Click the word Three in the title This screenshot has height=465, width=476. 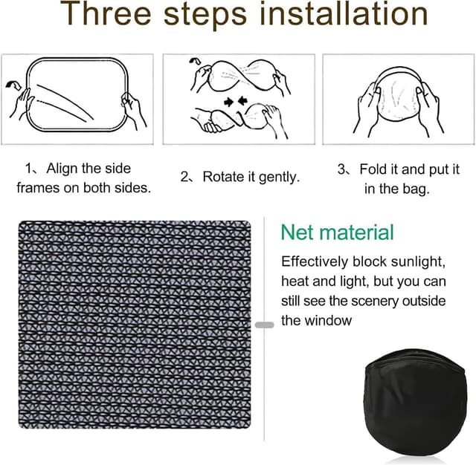[x=106, y=13]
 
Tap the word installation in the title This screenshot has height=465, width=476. [x=344, y=13]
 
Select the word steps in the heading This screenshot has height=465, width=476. [x=205, y=16]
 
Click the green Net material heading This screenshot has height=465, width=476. [x=337, y=232]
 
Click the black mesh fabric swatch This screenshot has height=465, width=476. [x=135, y=325]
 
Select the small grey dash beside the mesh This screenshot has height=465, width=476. [x=265, y=325]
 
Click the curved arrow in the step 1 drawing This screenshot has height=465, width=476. [x=13, y=85]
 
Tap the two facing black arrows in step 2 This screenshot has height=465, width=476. [x=236, y=102]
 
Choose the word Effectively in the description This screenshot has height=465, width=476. [x=315, y=261]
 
